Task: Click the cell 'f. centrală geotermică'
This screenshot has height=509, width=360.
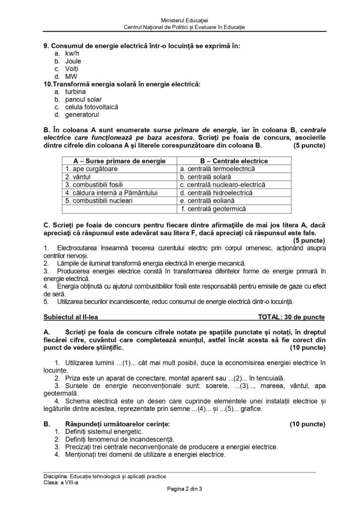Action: [214, 209]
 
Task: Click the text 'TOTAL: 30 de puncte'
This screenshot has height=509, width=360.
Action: [291, 316]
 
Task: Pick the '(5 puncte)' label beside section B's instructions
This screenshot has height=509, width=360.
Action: [308, 146]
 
